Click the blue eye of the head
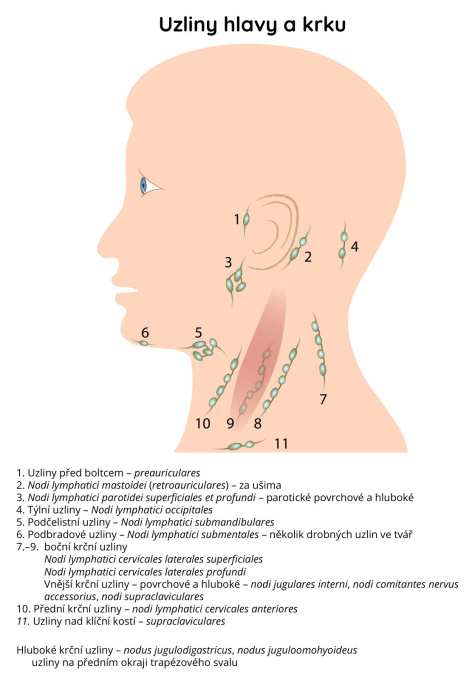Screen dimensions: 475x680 (x=144, y=186)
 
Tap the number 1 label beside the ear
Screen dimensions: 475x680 (x=237, y=219)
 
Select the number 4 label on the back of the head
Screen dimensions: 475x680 (x=355, y=247)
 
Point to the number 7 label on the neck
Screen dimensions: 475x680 (x=323, y=399)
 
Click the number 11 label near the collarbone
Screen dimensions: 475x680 (x=281, y=444)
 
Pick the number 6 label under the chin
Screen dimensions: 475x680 (x=145, y=333)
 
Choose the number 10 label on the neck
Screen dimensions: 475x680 (x=203, y=423)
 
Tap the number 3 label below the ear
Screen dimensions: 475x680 (x=228, y=262)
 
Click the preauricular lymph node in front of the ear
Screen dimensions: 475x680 (x=246, y=219)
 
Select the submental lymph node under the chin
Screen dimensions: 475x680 (x=144, y=343)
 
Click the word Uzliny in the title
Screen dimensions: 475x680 (x=188, y=25)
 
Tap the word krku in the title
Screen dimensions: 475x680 (x=324, y=24)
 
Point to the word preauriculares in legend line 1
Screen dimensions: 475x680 (x=167, y=473)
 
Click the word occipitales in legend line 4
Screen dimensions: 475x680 (x=188, y=510)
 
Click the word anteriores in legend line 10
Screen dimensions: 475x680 (x=275, y=609)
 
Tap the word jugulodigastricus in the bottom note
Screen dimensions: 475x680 (x=189, y=651)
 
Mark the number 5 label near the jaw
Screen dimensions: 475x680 (x=198, y=333)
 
